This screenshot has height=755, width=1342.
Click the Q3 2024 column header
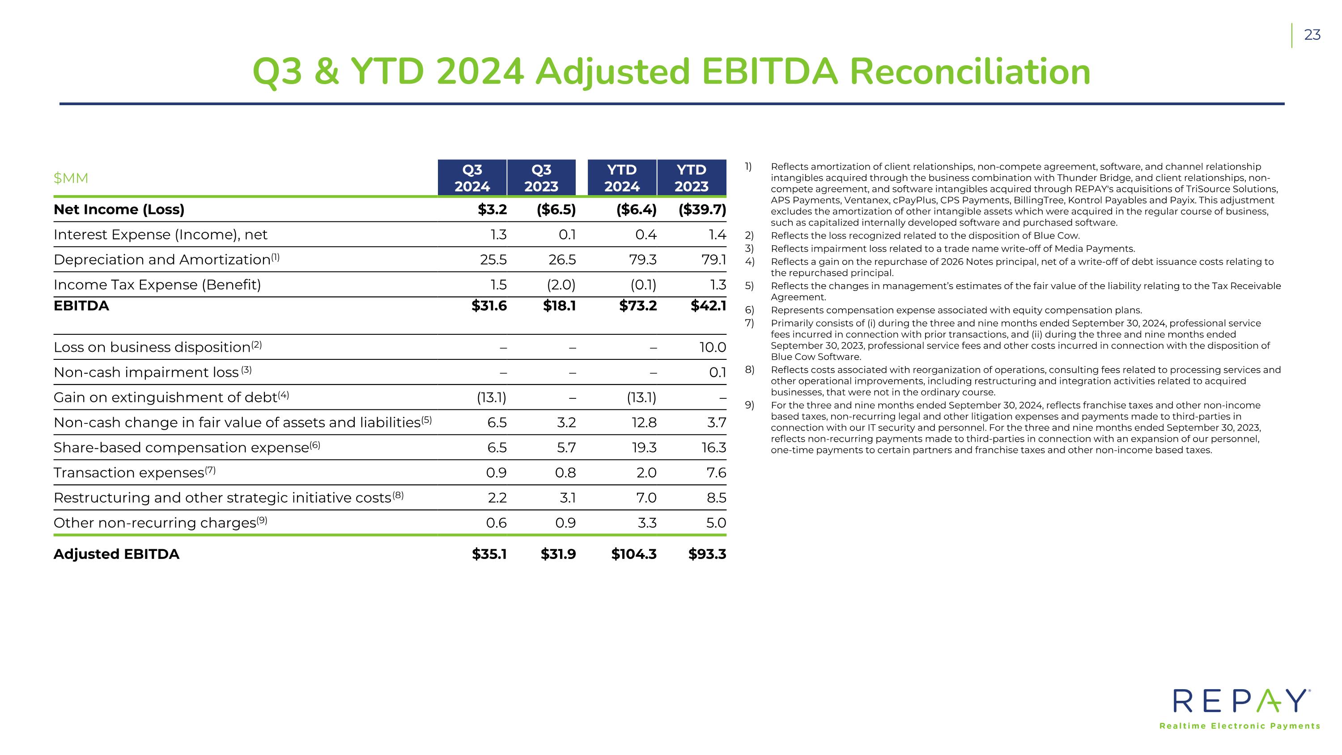coord(472,178)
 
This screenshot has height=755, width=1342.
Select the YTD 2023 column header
coord(691,178)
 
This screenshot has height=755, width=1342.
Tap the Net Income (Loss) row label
coord(119,209)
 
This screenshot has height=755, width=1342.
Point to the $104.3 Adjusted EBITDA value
coord(633,554)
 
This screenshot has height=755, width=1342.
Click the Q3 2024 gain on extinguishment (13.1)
coord(491,397)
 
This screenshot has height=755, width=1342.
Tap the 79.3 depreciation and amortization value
coord(642,260)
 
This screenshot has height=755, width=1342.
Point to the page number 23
coord(1312,35)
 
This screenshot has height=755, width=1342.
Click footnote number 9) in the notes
coord(749,405)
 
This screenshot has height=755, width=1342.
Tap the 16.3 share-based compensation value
coord(713,448)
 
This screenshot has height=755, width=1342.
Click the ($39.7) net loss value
coord(702,209)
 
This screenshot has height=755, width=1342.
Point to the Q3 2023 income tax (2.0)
coord(561,285)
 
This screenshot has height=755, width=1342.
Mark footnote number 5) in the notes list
coord(749,286)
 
